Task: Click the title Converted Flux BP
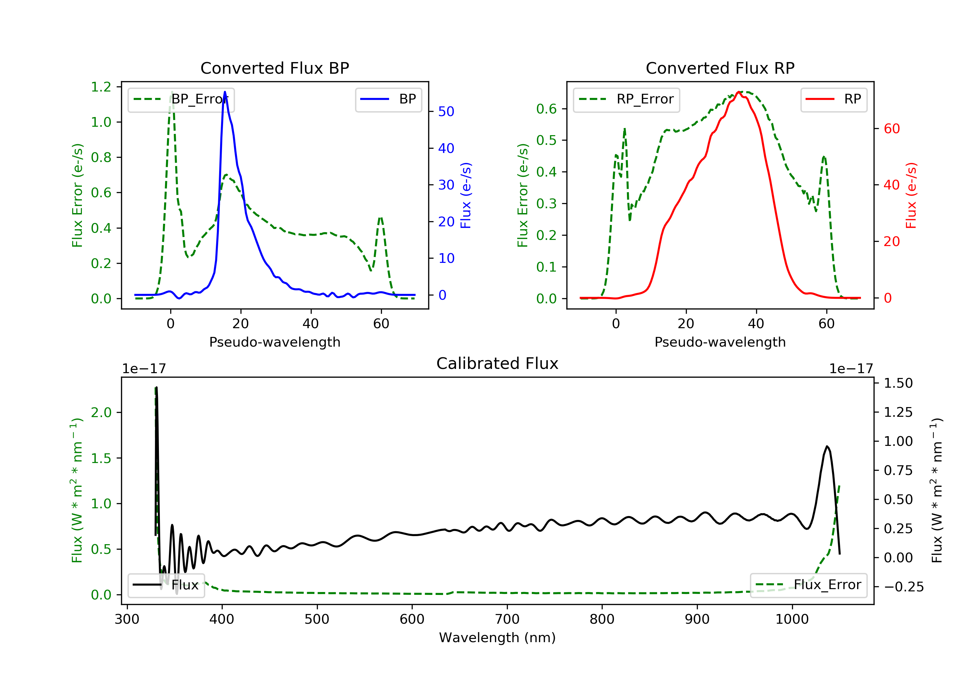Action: (x=275, y=68)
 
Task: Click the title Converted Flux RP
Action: (x=720, y=68)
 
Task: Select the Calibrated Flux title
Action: (x=497, y=363)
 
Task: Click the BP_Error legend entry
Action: (x=181, y=100)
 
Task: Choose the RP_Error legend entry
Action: (x=626, y=100)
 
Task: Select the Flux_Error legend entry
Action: (x=809, y=585)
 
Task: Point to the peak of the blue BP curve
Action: (x=225, y=92)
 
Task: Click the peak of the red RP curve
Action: (x=738, y=92)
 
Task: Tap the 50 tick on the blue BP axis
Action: (x=446, y=112)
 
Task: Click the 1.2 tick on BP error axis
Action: (x=101, y=87)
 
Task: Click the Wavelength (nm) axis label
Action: (x=497, y=638)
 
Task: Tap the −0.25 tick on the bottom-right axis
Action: (x=904, y=587)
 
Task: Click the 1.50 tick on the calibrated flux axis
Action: (x=898, y=383)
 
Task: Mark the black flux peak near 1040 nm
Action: (x=827, y=446)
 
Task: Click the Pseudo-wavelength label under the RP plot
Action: (x=720, y=342)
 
